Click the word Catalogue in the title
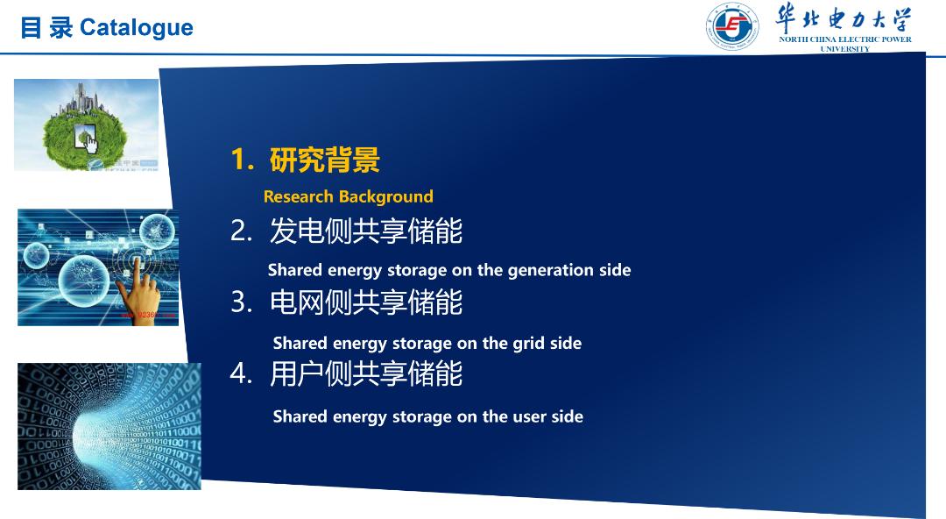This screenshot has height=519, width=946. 137,28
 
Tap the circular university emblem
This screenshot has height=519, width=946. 732,26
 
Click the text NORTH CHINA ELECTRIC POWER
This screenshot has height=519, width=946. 844,39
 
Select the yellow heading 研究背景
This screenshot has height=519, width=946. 325,160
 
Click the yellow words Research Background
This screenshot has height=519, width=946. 348,196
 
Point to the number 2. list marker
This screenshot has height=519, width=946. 242,231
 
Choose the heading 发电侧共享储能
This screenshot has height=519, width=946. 365,231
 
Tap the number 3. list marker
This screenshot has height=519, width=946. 242,302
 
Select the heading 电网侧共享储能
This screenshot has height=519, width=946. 365,302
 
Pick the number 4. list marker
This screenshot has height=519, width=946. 242,373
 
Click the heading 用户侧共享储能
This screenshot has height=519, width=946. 365,374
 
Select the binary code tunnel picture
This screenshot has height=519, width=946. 109,426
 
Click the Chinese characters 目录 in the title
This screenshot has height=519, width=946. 46,28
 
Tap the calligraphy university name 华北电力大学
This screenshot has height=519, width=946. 844,18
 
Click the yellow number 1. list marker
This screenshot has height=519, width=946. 243,160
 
